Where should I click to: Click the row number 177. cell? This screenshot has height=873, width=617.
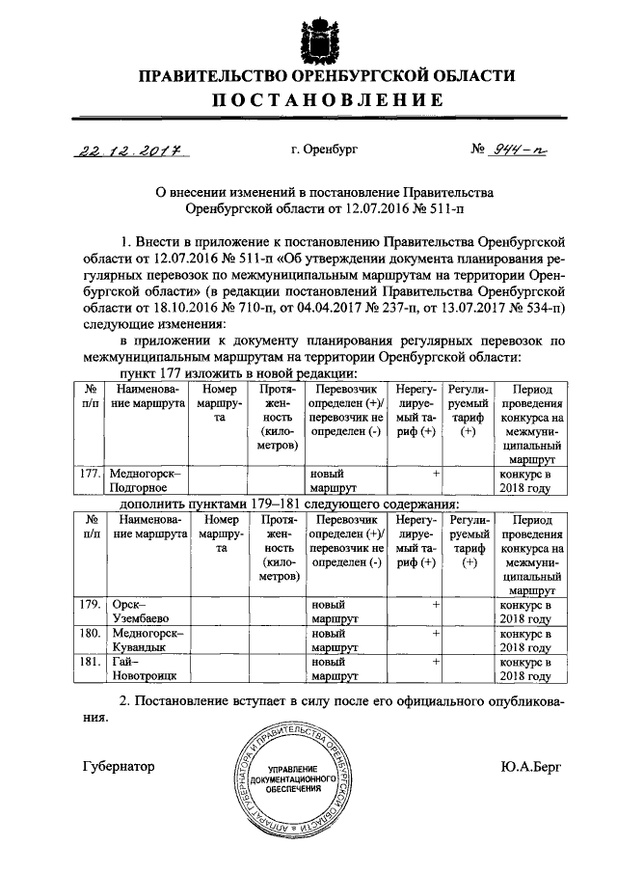pyautogui.click(x=90, y=475)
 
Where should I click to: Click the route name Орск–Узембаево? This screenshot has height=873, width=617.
pyautogui.click(x=145, y=611)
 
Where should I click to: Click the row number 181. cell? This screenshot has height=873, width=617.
pyautogui.click(x=90, y=664)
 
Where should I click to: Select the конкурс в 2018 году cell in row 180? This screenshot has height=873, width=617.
pyautogui.click(x=525, y=641)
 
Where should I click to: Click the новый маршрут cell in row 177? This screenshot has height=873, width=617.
pyautogui.click(x=334, y=481)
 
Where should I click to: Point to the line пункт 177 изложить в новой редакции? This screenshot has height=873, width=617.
pyautogui.click(x=238, y=372)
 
